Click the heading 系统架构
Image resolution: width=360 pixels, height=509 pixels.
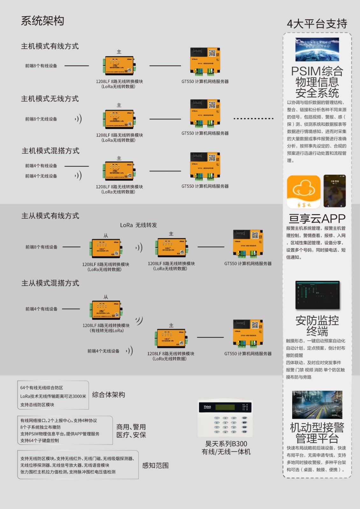coord(43,21)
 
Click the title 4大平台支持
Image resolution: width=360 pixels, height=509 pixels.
coord(317,24)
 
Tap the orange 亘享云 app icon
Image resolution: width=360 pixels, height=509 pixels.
coord(304,192)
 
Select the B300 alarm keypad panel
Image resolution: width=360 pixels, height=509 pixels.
coord(225,418)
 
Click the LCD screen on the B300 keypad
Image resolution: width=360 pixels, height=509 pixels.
coord(225,407)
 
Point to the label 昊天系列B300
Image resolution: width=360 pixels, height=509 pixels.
coord(226,444)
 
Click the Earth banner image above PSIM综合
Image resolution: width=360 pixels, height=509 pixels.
coord(317,49)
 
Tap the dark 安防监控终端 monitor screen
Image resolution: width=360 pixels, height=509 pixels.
coord(317,295)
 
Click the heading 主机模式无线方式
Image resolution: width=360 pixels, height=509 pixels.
coord(50,99)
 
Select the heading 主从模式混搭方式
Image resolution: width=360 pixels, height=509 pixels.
coord(50,283)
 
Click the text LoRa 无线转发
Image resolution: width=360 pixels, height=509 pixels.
coord(138,225)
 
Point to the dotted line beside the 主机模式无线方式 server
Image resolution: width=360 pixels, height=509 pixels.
coord(253,119)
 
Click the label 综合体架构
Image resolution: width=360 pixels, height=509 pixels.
coord(109,395)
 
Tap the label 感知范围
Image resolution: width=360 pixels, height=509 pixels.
coord(155,465)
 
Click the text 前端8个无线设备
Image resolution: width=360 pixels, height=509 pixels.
coord(41,119)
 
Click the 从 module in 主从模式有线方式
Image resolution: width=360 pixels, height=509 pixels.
coord(106,248)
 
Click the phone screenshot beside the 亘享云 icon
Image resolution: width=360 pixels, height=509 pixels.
coord(335,191)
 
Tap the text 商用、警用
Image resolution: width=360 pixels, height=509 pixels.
coord(131,427)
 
